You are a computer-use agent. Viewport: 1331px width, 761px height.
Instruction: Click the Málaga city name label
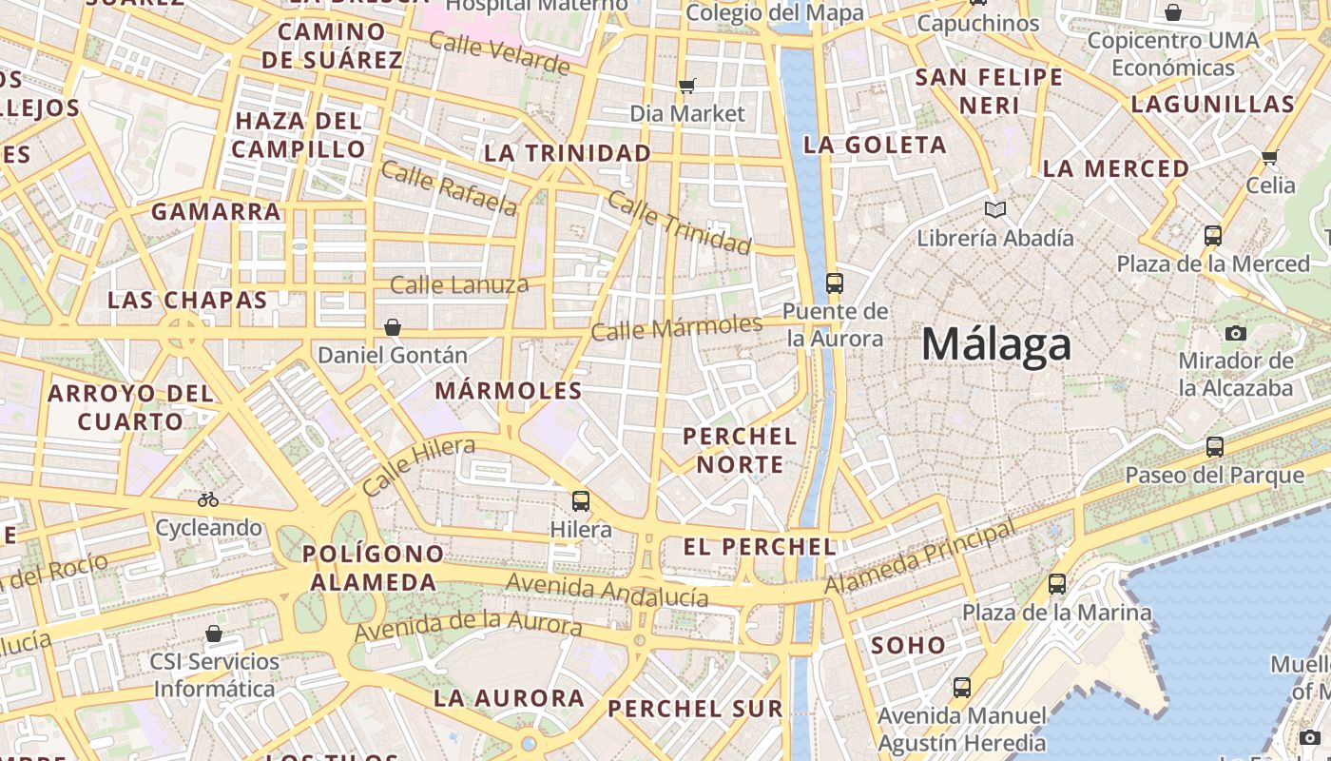(995, 344)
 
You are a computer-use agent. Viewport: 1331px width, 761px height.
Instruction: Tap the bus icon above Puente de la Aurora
(834, 283)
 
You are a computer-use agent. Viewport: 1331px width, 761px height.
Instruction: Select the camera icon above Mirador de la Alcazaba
(1235, 333)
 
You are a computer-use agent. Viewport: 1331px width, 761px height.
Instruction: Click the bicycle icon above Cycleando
(207, 499)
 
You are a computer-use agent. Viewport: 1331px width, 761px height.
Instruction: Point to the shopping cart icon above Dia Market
(687, 86)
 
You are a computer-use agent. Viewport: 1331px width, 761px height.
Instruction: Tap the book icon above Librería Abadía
(994, 209)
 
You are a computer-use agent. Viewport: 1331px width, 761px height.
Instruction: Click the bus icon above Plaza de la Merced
(1212, 235)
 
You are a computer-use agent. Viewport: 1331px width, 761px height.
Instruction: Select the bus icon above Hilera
(580, 500)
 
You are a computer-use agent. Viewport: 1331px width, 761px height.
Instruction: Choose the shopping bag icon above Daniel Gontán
(392, 327)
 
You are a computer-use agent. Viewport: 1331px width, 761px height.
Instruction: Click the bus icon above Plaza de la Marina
(1056, 584)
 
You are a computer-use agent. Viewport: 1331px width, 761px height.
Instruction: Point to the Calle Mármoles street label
(676, 328)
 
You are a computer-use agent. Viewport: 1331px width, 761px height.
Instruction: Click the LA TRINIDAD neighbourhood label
(568, 153)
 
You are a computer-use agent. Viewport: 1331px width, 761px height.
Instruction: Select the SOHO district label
(909, 645)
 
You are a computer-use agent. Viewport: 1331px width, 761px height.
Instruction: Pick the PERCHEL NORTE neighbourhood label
(740, 450)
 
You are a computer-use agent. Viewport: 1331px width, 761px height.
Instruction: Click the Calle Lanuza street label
(459, 283)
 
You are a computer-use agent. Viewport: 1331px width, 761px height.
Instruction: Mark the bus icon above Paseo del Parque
(1214, 446)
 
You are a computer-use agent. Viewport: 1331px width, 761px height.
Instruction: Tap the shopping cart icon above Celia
(1269, 157)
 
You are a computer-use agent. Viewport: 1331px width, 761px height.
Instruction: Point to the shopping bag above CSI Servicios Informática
(214, 634)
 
